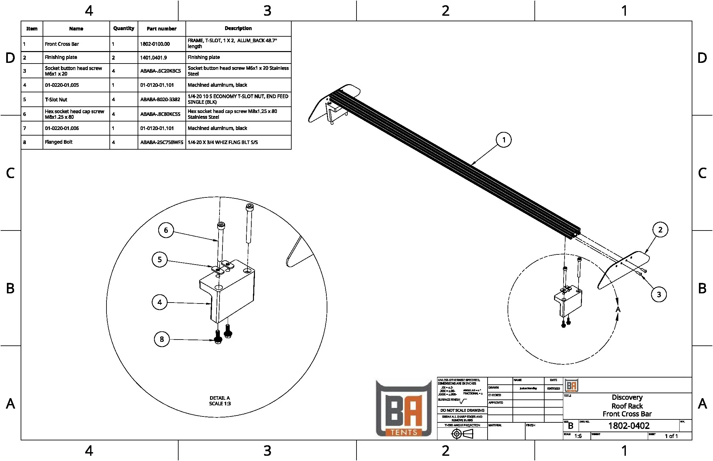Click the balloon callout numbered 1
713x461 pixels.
(x=504, y=140)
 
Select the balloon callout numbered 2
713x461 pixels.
(x=660, y=230)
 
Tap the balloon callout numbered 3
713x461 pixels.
(x=659, y=294)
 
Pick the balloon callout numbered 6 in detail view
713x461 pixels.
(x=166, y=230)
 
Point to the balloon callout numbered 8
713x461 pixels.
(x=162, y=339)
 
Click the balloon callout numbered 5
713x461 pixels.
(x=160, y=260)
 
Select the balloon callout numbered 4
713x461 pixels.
(x=160, y=302)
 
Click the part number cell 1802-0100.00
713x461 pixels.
(x=155, y=44)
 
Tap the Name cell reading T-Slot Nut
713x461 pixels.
(x=56, y=100)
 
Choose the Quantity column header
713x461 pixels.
(x=124, y=28)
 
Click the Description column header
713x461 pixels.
(x=238, y=28)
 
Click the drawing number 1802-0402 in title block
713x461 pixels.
(x=628, y=426)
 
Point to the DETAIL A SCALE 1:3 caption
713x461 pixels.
(x=220, y=401)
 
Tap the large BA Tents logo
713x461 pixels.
(x=403, y=409)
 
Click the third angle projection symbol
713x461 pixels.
(x=462, y=434)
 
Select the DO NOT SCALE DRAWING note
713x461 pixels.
(x=462, y=410)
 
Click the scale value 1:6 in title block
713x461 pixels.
(x=578, y=436)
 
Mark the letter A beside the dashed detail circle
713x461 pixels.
(x=618, y=309)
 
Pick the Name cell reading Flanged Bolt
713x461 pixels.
(x=59, y=142)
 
